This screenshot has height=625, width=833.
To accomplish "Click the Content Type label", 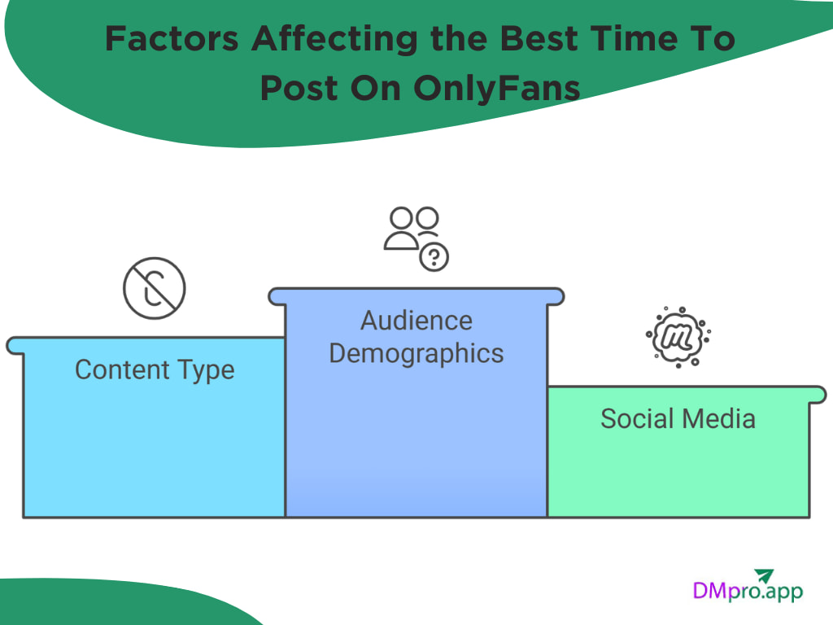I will pyautogui.click(x=155, y=369).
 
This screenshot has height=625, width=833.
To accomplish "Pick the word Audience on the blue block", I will pyautogui.click(x=416, y=321).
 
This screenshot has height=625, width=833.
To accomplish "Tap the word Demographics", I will pyautogui.click(x=416, y=354).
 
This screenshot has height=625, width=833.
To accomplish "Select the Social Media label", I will pyautogui.click(x=678, y=418).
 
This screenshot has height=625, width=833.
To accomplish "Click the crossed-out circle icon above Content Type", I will pyautogui.click(x=155, y=288).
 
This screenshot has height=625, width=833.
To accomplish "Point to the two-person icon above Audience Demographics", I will pyautogui.click(x=412, y=228).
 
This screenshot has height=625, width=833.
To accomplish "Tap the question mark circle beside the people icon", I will pyautogui.click(x=434, y=257).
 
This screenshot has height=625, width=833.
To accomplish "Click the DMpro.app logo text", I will pyautogui.click(x=747, y=590).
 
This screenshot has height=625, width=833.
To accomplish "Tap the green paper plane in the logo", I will pyautogui.click(x=765, y=575).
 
